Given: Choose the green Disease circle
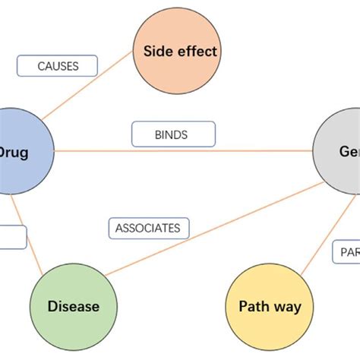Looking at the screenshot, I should (x=73, y=307).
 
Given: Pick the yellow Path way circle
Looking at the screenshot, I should (x=269, y=307).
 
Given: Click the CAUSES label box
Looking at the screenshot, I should (x=58, y=66).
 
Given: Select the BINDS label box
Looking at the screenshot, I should (x=173, y=134).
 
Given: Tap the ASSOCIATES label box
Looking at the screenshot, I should (x=148, y=228).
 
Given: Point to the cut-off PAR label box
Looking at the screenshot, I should (x=346, y=251).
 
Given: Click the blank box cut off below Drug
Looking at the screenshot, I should (x=13, y=237).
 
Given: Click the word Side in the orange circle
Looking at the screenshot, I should (x=159, y=52).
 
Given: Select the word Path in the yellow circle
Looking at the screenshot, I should (x=254, y=307).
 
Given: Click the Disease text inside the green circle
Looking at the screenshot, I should (x=73, y=307).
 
